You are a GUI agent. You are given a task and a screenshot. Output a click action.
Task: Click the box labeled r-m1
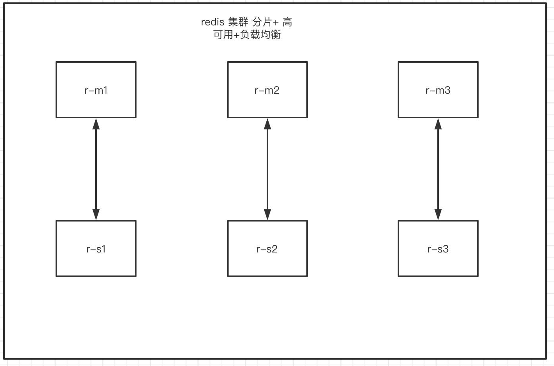96,90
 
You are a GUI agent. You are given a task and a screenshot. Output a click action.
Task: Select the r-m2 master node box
267,90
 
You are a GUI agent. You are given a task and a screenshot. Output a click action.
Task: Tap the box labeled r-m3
438,90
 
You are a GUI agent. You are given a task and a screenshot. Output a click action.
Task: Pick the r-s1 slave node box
96,248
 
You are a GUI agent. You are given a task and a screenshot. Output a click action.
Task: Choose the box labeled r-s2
267,248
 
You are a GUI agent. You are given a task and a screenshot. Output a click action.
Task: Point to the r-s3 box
438,248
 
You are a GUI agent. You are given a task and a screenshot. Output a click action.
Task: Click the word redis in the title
213,23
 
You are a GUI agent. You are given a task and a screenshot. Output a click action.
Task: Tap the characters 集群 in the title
238,23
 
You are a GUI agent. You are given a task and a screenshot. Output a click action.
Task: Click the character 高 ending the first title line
287,23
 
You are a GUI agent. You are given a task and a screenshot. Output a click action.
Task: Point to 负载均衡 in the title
260,35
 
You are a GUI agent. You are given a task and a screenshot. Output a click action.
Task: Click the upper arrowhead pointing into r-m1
96,124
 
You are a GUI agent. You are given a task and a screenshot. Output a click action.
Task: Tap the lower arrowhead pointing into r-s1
96,214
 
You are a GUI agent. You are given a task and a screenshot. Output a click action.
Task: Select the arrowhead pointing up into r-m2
267,124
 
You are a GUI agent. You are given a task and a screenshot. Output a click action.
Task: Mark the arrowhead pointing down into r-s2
267,214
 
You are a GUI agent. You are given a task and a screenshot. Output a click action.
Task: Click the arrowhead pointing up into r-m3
438,124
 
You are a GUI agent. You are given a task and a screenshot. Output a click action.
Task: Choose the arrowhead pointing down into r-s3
438,214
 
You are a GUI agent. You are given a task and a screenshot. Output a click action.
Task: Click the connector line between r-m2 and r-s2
267,169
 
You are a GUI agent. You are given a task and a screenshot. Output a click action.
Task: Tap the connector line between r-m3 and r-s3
438,169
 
